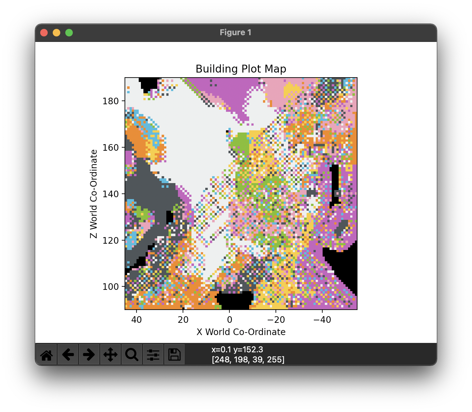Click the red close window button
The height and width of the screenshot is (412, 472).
(44, 33)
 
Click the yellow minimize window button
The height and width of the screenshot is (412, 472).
(56, 33)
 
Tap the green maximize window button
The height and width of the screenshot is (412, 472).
(69, 33)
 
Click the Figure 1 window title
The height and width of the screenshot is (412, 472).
(235, 33)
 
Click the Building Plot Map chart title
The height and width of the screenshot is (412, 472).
(241, 69)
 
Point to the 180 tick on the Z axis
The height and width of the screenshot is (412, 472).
(110, 101)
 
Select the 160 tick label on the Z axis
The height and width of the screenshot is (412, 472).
(110, 148)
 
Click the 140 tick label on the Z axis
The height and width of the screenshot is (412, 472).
(110, 194)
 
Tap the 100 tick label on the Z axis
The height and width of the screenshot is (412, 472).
(110, 287)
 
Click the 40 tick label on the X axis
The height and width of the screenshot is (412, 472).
(137, 320)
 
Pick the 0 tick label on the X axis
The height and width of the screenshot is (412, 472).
(229, 320)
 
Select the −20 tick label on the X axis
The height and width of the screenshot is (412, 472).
(276, 320)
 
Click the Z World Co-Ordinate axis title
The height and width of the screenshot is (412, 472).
(94, 194)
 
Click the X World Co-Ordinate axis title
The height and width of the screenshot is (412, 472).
(241, 332)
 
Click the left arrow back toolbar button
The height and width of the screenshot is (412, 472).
(68, 355)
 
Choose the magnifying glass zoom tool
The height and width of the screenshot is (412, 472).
(132, 355)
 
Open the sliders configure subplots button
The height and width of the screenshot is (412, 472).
(153, 355)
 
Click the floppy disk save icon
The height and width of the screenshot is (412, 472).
(174, 355)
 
